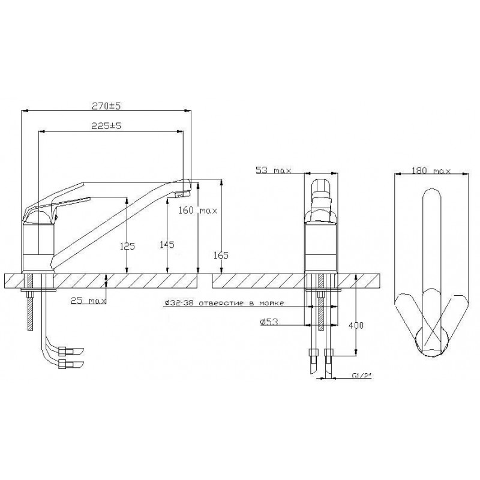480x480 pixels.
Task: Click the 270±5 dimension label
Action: pyautogui.click(x=107, y=106)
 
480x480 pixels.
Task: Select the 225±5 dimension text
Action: pyautogui.click(x=107, y=126)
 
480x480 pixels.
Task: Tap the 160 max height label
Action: pyautogui.click(x=198, y=211)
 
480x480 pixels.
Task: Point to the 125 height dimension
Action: pyautogui.click(x=127, y=246)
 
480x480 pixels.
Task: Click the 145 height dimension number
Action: pyautogui.click(x=167, y=245)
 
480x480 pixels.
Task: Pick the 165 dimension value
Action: pyautogui.click(x=221, y=255)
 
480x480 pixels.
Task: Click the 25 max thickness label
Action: pyautogui.click(x=88, y=301)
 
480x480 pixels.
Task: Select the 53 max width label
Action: pyautogui.click(x=274, y=170)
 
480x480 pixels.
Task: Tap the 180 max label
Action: pyautogui.click(x=431, y=170)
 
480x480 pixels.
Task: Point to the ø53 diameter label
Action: pyautogui.click(x=269, y=322)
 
